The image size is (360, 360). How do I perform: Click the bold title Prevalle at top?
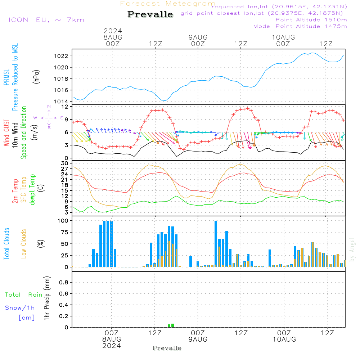click(x=150, y=14)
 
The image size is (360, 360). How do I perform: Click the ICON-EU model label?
click(x=46, y=20)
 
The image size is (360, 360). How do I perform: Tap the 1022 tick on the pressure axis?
click(x=62, y=56)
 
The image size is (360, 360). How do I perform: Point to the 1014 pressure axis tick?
click(x=62, y=101)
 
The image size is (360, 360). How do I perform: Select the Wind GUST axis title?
click(x=6, y=133)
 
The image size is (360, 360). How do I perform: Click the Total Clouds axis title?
click(x=6, y=243)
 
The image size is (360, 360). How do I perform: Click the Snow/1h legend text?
click(x=20, y=308)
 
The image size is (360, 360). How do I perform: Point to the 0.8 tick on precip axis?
click(x=63, y=282)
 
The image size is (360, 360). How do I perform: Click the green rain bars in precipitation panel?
click(x=171, y=325)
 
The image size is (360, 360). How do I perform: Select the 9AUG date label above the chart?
click(x=198, y=37)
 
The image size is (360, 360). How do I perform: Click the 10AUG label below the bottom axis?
click(x=284, y=339)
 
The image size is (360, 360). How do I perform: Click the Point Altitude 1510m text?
click(x=311, y=19)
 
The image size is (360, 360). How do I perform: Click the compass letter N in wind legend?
click(x=49, y=107)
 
